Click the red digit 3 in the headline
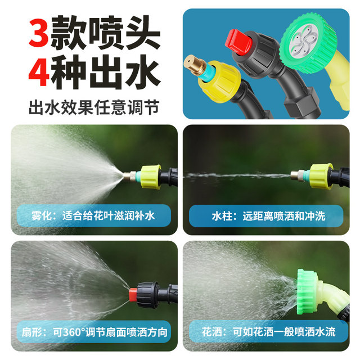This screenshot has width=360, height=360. coord(38,35)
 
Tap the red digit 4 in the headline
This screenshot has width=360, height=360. coord(38,74)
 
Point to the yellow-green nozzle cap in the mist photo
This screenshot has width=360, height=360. coord(151,177)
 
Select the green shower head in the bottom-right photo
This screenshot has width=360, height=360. coord(308,289)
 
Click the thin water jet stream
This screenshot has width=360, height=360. coord(236,175)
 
